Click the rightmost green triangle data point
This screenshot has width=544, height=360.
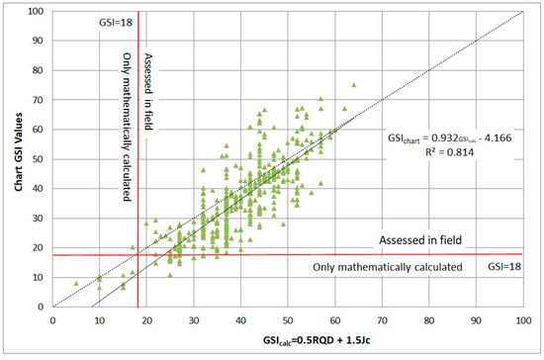coord(353,85)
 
